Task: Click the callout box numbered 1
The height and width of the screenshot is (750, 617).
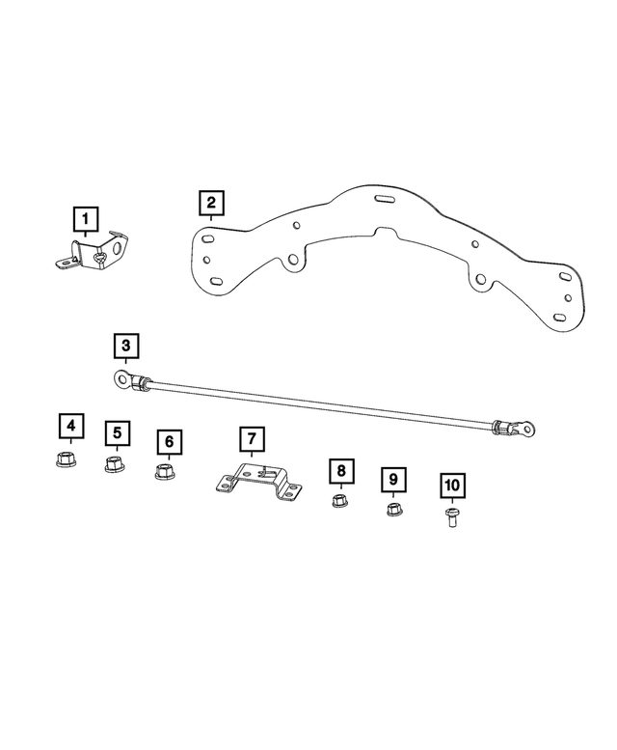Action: coord(86,217)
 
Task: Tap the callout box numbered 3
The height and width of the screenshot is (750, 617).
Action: coord(126,345)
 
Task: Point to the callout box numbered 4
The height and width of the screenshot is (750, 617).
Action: coord(69,426)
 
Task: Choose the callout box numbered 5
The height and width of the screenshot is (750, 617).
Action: coord(117,434)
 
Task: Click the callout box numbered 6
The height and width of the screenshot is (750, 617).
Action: coord(169,442)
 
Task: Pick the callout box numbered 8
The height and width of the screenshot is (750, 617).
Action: coord(339,471)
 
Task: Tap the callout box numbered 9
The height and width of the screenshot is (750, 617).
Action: coord(392,479)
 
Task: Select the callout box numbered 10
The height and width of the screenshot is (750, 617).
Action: coord(452,486)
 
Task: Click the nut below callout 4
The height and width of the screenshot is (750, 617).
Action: coord(67,458)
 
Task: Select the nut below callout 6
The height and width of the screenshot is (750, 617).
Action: coord(165,473)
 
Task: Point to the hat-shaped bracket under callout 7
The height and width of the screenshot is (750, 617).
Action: coord(255,482)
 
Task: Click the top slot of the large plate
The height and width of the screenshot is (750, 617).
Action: coord(385,200)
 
